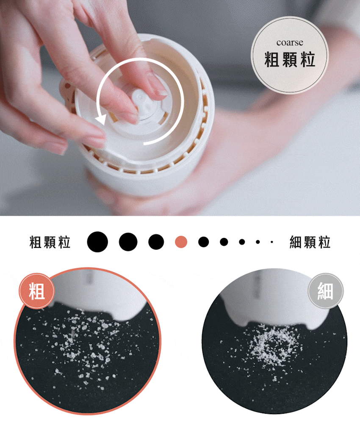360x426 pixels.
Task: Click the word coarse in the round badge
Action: tap(290, 43)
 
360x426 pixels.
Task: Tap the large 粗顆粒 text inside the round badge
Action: tap(290, 59)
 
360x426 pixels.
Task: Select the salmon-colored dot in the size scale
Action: tap(181, 242)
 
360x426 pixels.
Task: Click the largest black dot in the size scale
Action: tap(97, 242)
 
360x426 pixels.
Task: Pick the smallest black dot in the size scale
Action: tap(272, 242)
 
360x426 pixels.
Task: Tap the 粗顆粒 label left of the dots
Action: tap(50, 242)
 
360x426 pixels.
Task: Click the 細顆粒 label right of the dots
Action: tap(310, 242)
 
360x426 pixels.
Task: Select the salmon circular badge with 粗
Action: tap(37, 291)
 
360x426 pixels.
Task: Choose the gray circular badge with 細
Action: tap(326, 291)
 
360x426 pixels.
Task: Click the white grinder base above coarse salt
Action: tap(98, 293)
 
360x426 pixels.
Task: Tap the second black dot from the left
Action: tap(128, 242)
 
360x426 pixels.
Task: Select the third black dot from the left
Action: tap(156, 242)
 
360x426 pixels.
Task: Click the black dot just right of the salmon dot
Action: tap(204, 242)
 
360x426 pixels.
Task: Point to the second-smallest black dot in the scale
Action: tap(258, 242)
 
